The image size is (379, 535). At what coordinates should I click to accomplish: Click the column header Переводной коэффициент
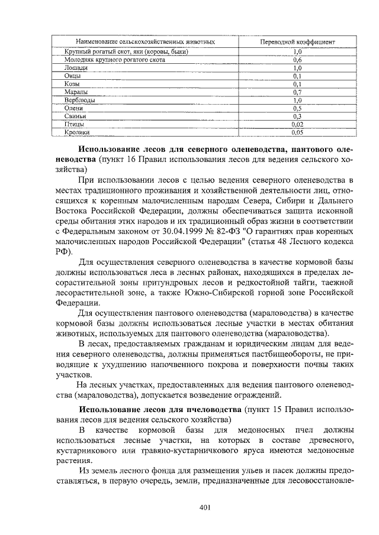click(298, 43)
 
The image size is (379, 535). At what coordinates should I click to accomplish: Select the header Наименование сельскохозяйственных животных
click(144, 43)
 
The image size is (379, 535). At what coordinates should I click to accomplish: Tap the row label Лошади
click(76, 68)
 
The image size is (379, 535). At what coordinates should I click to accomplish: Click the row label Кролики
click(78, 134)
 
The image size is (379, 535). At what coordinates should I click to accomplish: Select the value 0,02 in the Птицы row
click(298, 125)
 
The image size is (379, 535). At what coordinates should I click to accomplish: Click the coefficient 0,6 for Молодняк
click(298, 60)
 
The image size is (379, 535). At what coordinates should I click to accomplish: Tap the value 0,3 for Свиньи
click(298, 117)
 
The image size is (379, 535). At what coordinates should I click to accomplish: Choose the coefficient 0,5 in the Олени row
click(298, 109)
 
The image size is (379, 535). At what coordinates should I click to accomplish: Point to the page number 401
click(205, 507)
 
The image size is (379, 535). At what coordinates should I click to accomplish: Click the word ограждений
click(262, 395)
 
